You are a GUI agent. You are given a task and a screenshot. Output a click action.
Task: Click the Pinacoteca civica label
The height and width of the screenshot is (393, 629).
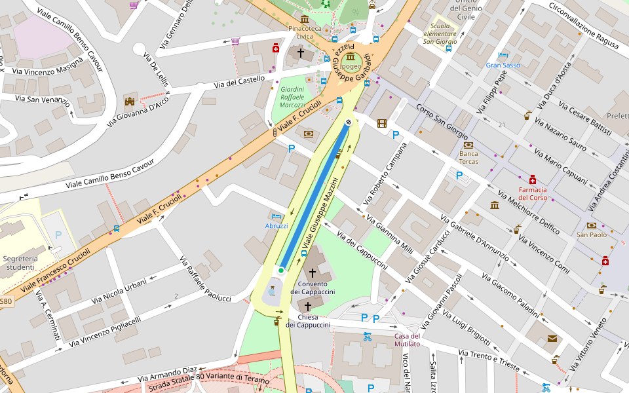[305, 32]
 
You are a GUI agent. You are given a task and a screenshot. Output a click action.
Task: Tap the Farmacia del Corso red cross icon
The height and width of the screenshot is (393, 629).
[533, 179]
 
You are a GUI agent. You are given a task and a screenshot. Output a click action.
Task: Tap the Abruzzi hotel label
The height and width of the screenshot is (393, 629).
[276, 225]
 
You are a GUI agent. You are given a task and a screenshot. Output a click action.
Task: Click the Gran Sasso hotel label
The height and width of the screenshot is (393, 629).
[503, 65]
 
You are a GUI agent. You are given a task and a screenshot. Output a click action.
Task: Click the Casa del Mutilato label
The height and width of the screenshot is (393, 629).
[407, 340]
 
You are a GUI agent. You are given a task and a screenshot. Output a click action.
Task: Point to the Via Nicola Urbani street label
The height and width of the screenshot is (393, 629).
[119, 291]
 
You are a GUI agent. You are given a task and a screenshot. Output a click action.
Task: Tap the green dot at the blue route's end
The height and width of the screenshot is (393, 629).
[281, 270]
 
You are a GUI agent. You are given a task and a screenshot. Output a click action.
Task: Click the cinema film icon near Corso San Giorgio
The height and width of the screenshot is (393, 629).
[382, 122]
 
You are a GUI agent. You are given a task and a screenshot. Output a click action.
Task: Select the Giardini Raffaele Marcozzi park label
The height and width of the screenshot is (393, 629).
[292, 96]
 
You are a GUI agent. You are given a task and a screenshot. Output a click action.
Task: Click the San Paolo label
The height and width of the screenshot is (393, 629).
[592, 234]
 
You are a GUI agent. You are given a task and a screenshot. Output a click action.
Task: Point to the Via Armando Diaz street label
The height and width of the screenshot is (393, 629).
[168, 374]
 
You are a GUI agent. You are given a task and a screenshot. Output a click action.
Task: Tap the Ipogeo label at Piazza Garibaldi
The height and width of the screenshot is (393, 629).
[351, 66]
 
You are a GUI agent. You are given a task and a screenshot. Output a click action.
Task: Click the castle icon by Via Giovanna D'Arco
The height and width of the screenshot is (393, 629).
[130, 101]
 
